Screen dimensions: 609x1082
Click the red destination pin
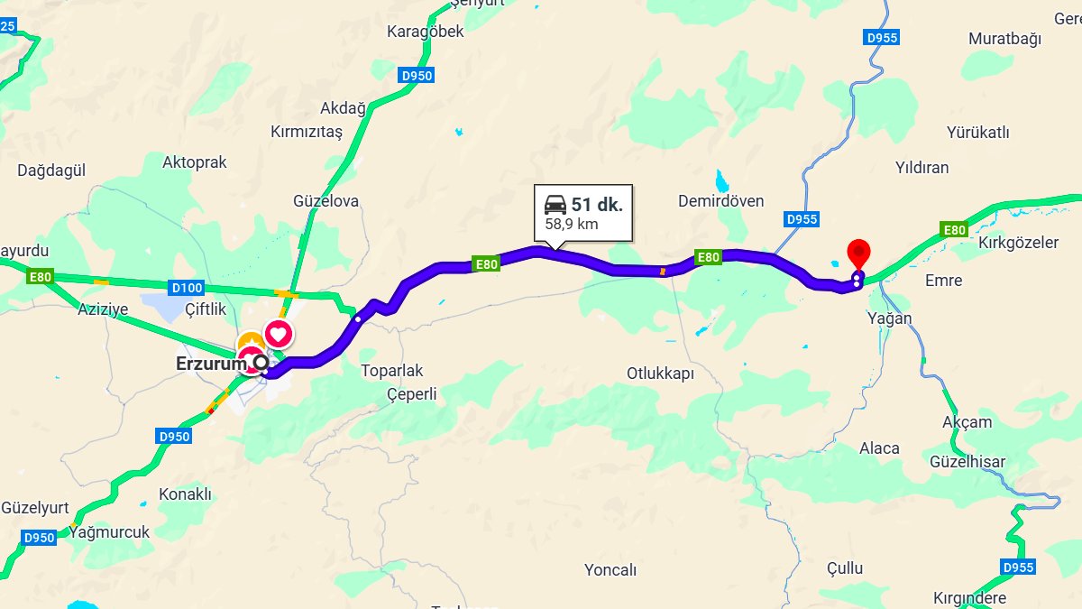(x=859, y=252)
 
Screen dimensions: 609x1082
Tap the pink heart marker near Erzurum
(x=279, y=335)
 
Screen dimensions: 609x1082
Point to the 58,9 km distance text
(x=572, y=224)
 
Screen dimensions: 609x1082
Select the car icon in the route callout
(x=555, y=204)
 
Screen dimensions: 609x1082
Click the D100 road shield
(x=186, y=288)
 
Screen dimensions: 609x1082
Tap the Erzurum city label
(x=210, y=364)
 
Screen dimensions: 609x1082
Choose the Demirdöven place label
(x=720, y=201)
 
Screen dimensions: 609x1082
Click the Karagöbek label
(x=425, y=32)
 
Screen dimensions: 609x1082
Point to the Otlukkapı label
(x=661, y=373)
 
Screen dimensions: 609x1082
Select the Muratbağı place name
(x=1004, y=39)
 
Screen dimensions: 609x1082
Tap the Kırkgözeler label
(x=1018, y=243)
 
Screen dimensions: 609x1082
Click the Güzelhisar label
(x=967, y=462)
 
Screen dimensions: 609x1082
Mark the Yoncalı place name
(x=610, y=570)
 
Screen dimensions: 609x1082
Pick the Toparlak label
(x=391, y=371)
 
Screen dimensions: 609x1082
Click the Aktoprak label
(x=195, y=162)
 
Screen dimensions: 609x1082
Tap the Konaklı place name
(x=185, y=494)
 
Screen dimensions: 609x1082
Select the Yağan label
(x=888, y=318)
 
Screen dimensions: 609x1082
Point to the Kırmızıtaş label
(x=307, y=132)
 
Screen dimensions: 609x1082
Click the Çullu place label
(x=845, y=568)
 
